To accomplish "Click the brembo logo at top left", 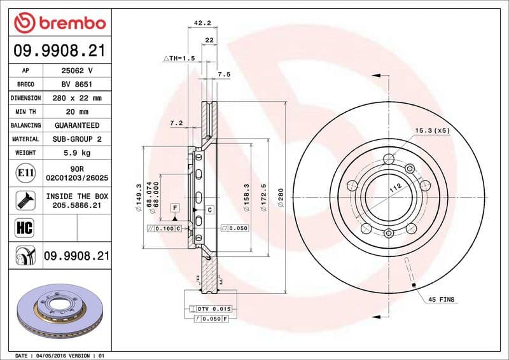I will click(x=59, y=24).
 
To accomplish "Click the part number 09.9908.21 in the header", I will click(x=59, y=50).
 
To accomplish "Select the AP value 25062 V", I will click(x=76, y=71).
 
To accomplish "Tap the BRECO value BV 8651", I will click(x=76, y=84).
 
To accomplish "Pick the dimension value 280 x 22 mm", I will click(x=76, y=98).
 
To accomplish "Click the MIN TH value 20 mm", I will click(x=76, y=112).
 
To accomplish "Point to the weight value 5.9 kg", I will click(x=76, y=153).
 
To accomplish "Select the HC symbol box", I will click(x=22, y=228).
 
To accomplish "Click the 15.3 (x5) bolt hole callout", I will click(x=432, y=130).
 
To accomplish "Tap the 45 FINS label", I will click(x=441, y=298).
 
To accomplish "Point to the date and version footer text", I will click(x=59, y=354).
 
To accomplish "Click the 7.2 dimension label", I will click(x=176, y=122).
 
